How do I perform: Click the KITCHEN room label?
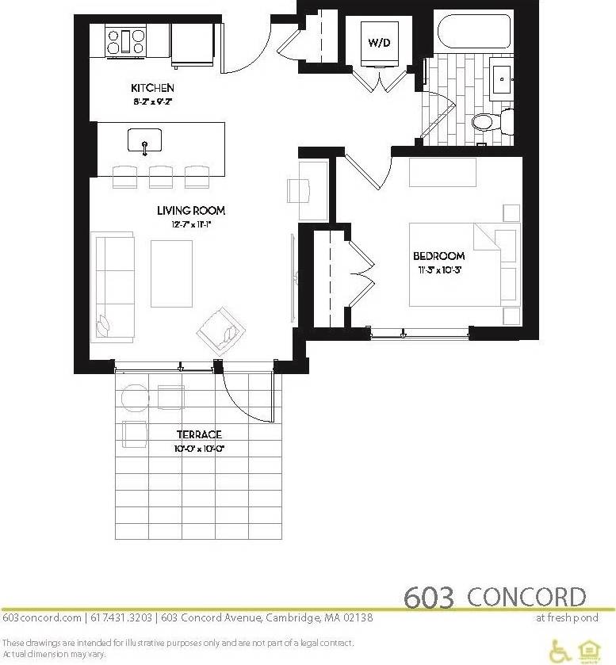click(x=152, y=88)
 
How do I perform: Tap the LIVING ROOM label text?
click(x=190, y=211)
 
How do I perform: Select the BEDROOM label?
click(x=438, y=256)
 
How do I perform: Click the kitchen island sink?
click(x=144, y=141)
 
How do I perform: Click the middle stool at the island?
click(x=161, y=176)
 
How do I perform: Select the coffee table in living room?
click(x=171, y=273)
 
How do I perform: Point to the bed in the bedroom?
click(x=456, y=263)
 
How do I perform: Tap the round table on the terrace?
click(x=134, y=396)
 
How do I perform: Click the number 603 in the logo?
click(x=430, y=597)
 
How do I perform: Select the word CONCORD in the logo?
click(x=526, y=597)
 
